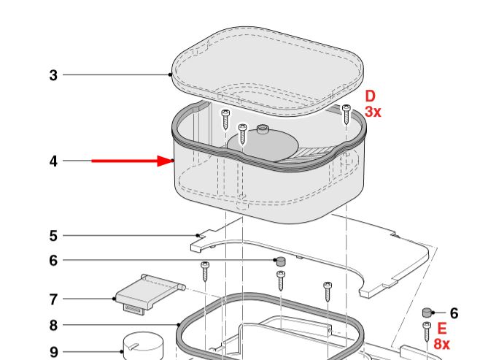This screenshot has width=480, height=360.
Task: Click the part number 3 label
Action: point(53,75)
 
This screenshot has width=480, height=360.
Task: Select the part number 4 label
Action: point(53,161)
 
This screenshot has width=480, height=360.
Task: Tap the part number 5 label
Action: point(53,236)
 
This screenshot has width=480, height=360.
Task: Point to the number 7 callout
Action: point(53,299)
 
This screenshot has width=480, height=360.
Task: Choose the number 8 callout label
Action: point(53,325)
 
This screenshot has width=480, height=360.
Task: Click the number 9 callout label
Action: point(53,352)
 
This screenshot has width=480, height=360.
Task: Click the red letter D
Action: point(370,96)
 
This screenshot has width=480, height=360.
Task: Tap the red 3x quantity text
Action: point(373,112)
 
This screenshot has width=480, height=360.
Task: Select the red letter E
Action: point(442,329)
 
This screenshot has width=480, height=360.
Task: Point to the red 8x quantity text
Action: point(442,344)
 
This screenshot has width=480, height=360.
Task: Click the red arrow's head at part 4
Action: point(166,161)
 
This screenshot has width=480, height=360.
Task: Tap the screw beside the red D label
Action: point(347,114)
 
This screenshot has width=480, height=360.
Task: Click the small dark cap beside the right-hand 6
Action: point(427,313)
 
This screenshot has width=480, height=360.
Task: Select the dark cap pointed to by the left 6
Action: point(281,261)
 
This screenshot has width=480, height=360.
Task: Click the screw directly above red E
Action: point(427,332)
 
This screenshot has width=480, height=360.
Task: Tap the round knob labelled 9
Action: point(143,346)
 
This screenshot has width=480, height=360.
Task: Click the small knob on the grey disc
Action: point(263,129)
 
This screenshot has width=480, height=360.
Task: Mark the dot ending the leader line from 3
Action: point(170,74)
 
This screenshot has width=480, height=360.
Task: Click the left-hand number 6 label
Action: point(53,261)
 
